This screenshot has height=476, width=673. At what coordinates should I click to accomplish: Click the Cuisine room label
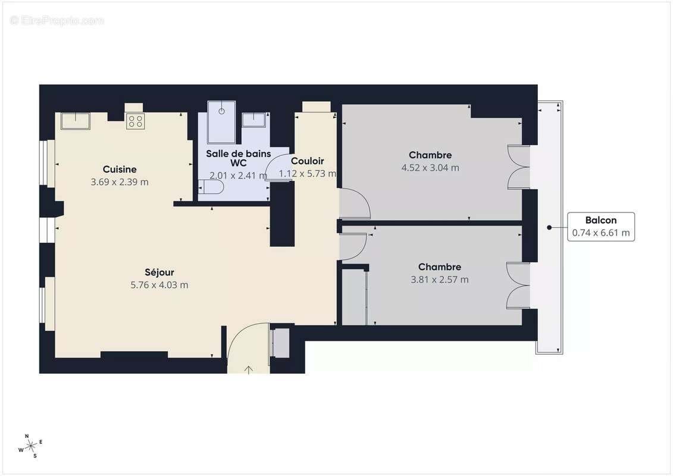(120, 169)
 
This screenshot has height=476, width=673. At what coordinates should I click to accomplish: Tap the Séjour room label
(159, 272)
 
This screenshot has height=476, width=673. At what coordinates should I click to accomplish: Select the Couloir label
(308, 161)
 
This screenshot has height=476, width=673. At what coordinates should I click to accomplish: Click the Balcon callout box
(600, 227)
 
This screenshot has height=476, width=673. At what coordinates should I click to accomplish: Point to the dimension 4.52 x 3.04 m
(430, 168)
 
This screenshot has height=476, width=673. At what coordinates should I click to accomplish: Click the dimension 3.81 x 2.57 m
(440, 280)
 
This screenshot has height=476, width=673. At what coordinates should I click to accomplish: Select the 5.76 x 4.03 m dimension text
(159, 285)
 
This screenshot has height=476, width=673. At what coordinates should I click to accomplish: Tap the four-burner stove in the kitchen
(135, 121)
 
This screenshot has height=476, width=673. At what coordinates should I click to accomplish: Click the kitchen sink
(75, 121)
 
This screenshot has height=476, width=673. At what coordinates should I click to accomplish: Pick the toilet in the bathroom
(211, 189)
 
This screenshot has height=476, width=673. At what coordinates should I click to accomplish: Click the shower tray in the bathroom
(221, 122)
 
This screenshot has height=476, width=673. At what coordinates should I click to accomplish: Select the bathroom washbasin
(256, 119)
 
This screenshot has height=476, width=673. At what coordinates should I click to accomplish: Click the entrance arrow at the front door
(249, 369)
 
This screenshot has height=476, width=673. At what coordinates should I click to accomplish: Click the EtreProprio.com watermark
(57, 20)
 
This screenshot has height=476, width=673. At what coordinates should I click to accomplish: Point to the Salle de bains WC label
(238, 158)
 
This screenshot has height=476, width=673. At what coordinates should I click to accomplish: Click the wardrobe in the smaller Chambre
(354, 297)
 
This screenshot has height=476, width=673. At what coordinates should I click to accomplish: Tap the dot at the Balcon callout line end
(549, 227)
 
